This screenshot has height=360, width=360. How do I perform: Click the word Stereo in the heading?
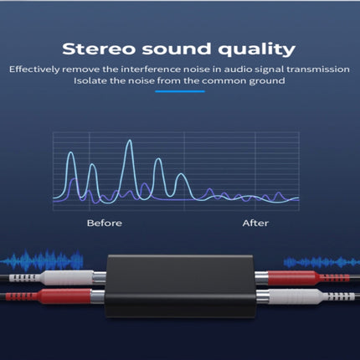coord(99,48)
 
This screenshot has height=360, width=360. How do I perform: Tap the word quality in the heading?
coord(257,49)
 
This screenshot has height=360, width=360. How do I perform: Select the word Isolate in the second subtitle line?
coord(90,80)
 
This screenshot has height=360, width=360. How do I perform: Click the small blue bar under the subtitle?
coord(179,95)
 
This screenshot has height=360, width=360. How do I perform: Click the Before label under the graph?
coord(105,224)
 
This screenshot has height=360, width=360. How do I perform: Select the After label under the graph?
coord(255,224)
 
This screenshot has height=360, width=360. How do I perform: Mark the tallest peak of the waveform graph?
coord(128,144)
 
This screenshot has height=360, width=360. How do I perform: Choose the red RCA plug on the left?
coord(59,296)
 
